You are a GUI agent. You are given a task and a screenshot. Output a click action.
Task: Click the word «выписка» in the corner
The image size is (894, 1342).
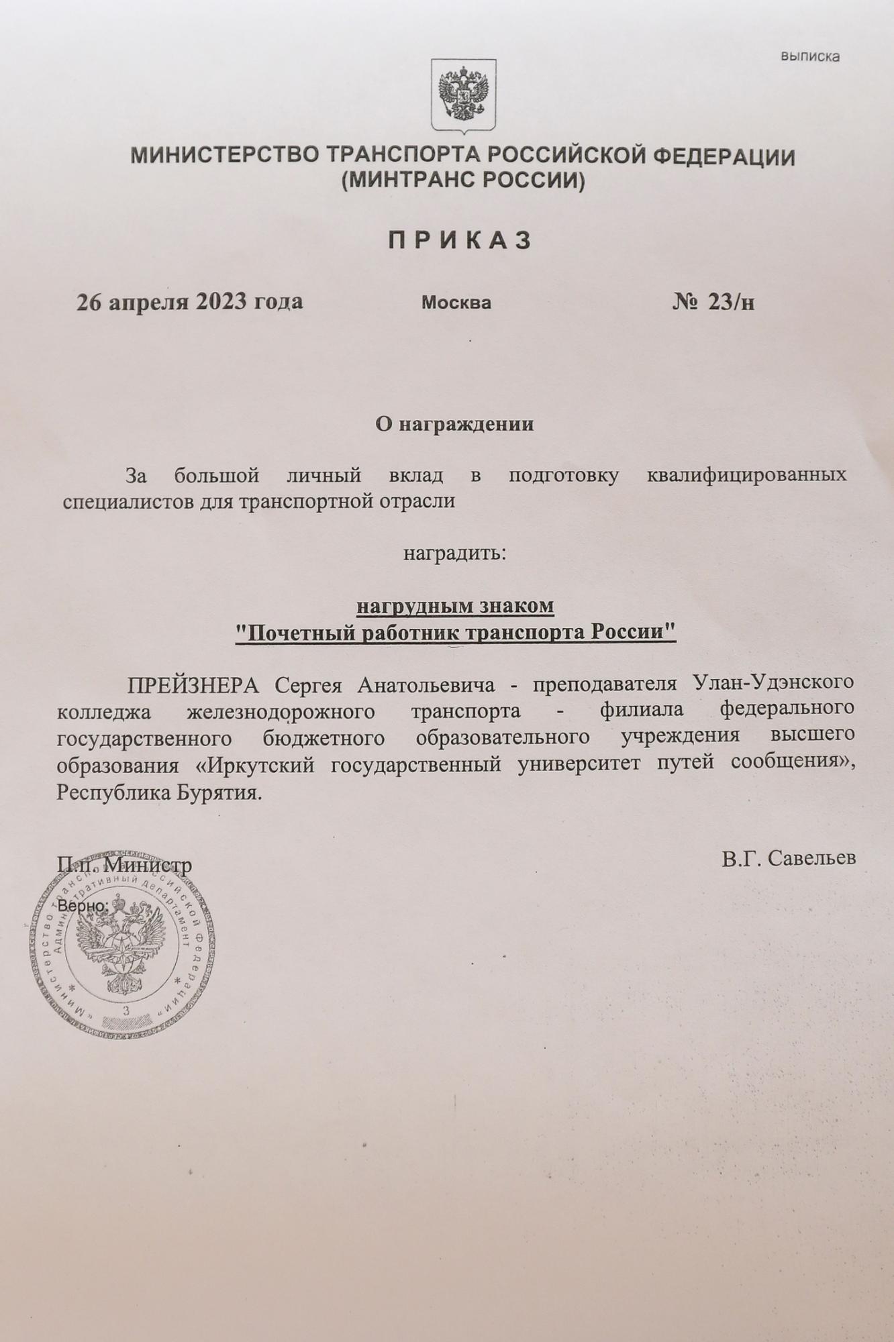click(x=809, y=57)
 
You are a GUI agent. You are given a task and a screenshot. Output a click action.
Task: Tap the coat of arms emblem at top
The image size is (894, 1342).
click(x=462, y=96)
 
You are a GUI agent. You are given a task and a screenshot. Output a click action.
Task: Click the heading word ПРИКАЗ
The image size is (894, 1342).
click(x=460, y=240)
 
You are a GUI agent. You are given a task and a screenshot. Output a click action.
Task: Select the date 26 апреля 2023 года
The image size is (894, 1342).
click(x=190, y=302)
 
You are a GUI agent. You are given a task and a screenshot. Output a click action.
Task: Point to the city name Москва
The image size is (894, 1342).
click(x=456, y=303)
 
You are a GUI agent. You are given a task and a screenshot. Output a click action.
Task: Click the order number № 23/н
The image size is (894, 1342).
click(x=713, y=303)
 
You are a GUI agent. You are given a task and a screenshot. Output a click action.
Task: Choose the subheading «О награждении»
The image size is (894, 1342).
click(x=454, y=424)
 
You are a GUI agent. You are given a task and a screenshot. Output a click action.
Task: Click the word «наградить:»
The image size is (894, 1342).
click(x=454, y=554)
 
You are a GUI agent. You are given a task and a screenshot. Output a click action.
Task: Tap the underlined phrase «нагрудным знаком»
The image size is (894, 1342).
click(x=455, y=606)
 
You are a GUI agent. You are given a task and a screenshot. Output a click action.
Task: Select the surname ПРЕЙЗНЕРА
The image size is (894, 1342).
click(x=193, y=685)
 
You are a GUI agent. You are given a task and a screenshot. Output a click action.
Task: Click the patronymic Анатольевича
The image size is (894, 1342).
click(x=426, y=685)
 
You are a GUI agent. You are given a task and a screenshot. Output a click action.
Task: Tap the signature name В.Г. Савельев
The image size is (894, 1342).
click(x=789, y=858)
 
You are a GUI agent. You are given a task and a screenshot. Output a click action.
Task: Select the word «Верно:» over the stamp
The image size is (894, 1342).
click(x=83, y=906)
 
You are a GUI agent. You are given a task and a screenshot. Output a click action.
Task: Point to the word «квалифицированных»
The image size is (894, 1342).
click(x=746, y=476)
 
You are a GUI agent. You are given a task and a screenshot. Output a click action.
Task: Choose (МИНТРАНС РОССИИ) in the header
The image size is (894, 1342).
click(x=462, y=180)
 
